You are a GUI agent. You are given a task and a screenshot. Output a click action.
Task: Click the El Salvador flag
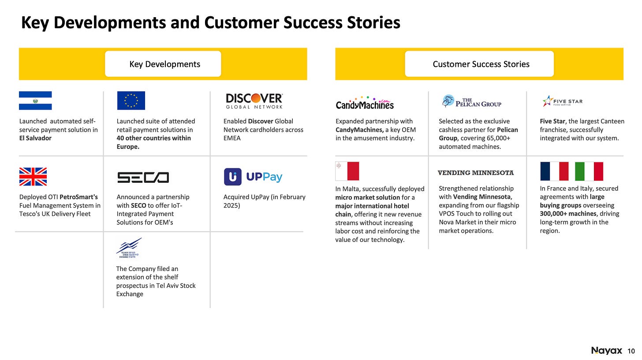(35, 100)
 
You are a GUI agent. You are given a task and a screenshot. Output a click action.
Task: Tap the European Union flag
(131, 100)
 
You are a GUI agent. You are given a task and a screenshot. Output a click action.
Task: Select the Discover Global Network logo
(254, 101)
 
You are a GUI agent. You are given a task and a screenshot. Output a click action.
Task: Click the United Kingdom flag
(33, 177)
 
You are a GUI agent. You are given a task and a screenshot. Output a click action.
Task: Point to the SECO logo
(143, 178)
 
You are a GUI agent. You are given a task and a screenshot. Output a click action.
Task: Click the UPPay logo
(253, 177)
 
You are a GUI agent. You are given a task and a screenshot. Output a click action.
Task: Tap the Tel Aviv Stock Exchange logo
(129, 249)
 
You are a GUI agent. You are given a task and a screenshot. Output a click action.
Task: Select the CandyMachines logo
(365, 103)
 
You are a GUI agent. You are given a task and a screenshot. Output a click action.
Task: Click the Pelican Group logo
(471, 102)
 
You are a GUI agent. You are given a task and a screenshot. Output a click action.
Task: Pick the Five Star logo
(562, 101)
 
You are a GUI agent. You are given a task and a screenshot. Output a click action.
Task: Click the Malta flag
(347, 171)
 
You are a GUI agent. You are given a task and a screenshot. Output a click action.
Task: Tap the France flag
(554, 171)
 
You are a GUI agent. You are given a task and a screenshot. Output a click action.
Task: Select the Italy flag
(589, 171)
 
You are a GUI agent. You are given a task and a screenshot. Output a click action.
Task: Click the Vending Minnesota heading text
(476, 173)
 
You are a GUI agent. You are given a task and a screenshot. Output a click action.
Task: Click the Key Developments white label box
(163, 64)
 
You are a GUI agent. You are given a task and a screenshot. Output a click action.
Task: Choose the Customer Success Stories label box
(479, 64)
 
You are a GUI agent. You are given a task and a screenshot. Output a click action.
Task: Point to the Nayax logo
(607, 351)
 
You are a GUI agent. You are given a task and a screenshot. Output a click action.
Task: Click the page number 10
(631, 351)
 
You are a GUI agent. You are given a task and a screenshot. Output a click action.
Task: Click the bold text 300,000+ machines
(568, 214)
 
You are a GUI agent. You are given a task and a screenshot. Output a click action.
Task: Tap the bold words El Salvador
(35, 138)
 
